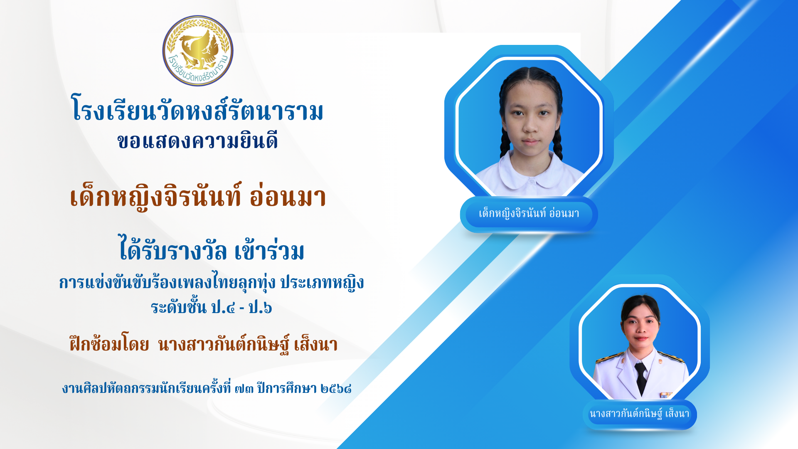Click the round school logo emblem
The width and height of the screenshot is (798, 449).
(198, 51)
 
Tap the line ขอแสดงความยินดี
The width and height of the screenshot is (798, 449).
(198, 141)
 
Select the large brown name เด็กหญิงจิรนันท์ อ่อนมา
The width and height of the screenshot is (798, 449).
(198, 196)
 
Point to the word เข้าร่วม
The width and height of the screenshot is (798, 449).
(269, 250)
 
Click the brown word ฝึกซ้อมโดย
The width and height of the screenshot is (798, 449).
(109, 343)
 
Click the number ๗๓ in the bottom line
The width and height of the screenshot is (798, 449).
(244, 389)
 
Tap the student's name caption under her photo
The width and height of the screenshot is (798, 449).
(529, 214)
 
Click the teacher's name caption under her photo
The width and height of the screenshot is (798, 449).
(639, 414)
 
